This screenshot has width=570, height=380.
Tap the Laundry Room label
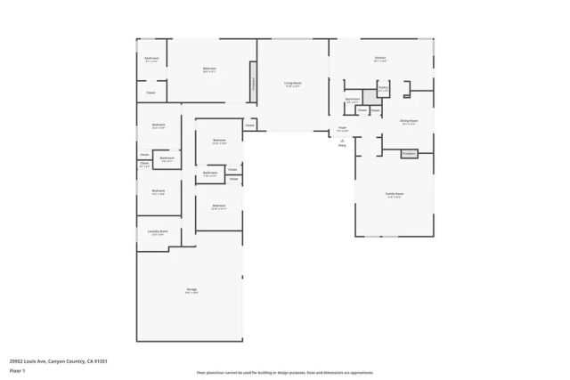pos(158,232)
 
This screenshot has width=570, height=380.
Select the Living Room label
pos(292,85)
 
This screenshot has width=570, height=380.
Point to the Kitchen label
pos(380,59)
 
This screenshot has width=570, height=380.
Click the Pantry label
pos(382,89)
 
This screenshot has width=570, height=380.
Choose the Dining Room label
pos(409,122)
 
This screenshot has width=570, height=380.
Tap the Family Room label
pos(395,194)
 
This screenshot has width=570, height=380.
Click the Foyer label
pos(342,129)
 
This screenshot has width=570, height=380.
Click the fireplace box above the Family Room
pos(409,153)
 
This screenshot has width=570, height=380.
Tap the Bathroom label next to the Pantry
pos(353,100)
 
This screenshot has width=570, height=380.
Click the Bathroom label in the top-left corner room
pos(151,59)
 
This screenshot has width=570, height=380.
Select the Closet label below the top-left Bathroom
pos(151,92)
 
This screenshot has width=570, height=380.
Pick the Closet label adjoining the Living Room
pos(249,125)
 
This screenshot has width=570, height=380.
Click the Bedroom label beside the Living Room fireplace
pos(209,69)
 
